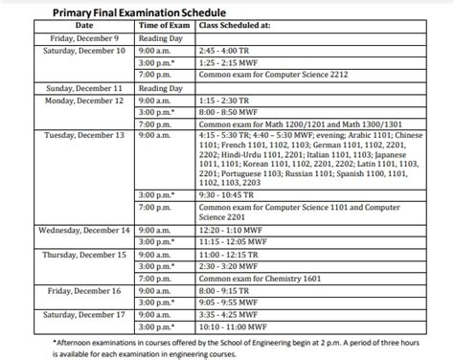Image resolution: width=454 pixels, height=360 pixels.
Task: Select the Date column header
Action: (x=84, y=24)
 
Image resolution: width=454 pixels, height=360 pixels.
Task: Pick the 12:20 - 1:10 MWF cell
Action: (x=231, y=230)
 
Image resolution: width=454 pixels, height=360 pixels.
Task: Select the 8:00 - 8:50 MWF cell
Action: (x=230, y=111)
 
